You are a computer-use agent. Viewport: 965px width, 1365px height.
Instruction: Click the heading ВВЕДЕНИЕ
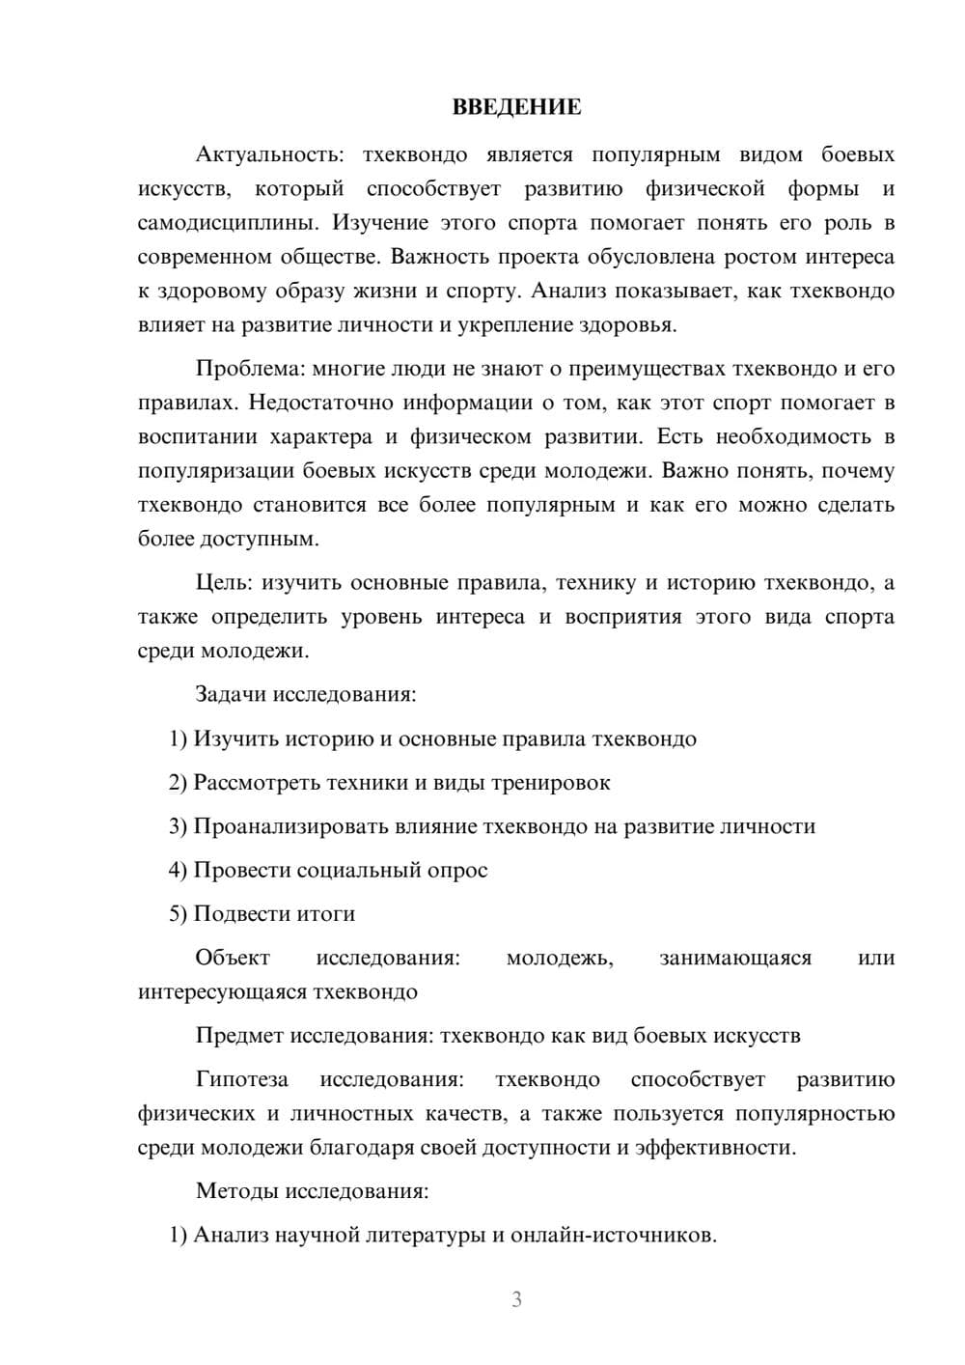(516, 107)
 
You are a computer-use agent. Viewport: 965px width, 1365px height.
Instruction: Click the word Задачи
(232, 694)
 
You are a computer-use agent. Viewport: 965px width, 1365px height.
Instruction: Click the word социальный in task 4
(358, 870)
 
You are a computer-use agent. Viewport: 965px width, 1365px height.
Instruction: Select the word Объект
(233, 958)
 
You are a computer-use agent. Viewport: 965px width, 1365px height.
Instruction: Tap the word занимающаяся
(735, 958)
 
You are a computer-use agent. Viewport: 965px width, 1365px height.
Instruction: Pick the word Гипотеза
(241, 1079)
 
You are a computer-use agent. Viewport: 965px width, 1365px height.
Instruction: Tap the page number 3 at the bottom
(516, 1299)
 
